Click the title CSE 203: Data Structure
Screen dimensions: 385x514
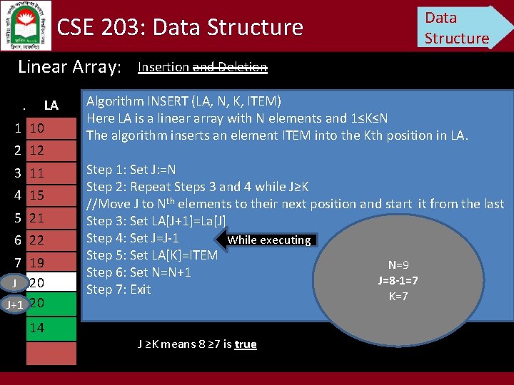point(180,27)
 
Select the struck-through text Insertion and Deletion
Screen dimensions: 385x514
point(202,67)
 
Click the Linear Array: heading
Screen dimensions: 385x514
point(69,67)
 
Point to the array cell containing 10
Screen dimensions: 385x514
point(50,129)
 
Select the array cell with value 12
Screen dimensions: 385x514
point(50,151)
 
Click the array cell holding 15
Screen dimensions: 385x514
point(50,195)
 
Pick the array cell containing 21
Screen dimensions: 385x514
point(50,217)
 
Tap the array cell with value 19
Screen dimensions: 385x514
point(50,262)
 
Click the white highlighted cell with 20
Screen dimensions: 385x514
point(50,283)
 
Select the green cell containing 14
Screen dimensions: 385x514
point(50,328)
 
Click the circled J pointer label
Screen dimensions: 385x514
point(15,283)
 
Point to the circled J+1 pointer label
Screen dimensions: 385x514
point(15,304)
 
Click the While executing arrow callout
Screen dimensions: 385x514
point(267,240)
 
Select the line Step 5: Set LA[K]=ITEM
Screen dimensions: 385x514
point(152,255)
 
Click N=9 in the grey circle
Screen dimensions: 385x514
point(398,265)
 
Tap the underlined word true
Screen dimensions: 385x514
point(245,344)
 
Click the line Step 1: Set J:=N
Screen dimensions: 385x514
point(131,170)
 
